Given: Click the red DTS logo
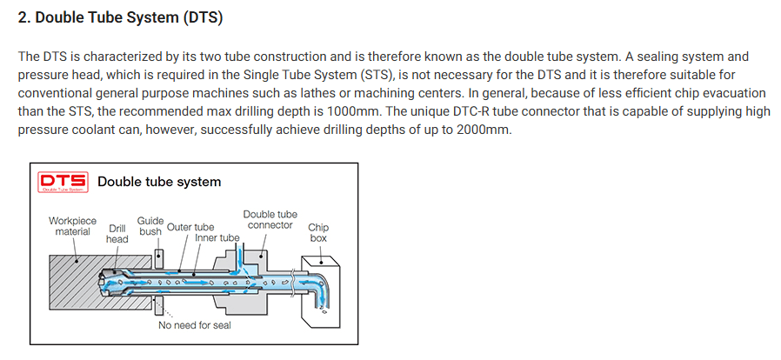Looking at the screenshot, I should pyautogui.click(x=62, y=183).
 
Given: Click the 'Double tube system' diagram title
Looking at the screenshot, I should pyautogui.click(x=159, y=182).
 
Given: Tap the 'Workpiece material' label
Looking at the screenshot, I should pyautogui.click(x=72, y=226).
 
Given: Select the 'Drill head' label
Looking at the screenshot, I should pyautogui.click(x=117, y=233).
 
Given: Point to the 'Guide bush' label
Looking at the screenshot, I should pyautogui.click(x=150, y=227).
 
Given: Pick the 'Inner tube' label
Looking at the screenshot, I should pyautogui.click(x=217, y=237).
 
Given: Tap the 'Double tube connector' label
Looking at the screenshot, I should pyautogui.click(x=270, y=220).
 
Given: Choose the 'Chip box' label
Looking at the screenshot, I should pyautogui.click(x=318, y=232).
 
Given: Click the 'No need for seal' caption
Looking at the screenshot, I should pyautogui.click(x=195, y=326).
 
